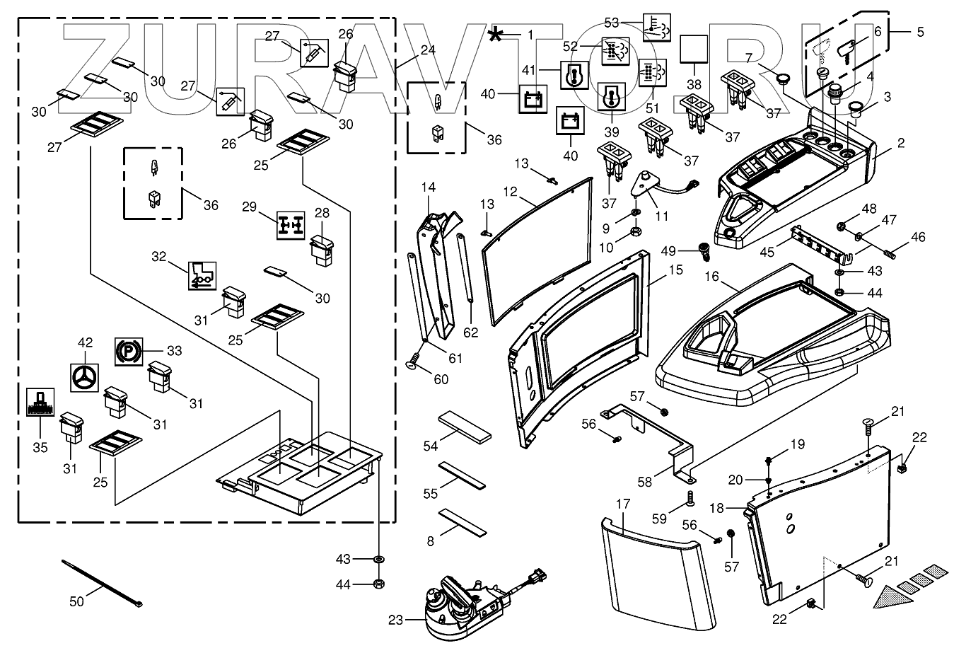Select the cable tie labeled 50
point(103,584)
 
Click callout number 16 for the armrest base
point(711,277)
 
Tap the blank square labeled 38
point(694,47)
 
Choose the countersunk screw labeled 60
point(412,364)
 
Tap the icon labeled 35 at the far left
point(40,403)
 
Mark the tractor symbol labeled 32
point(202,277)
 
